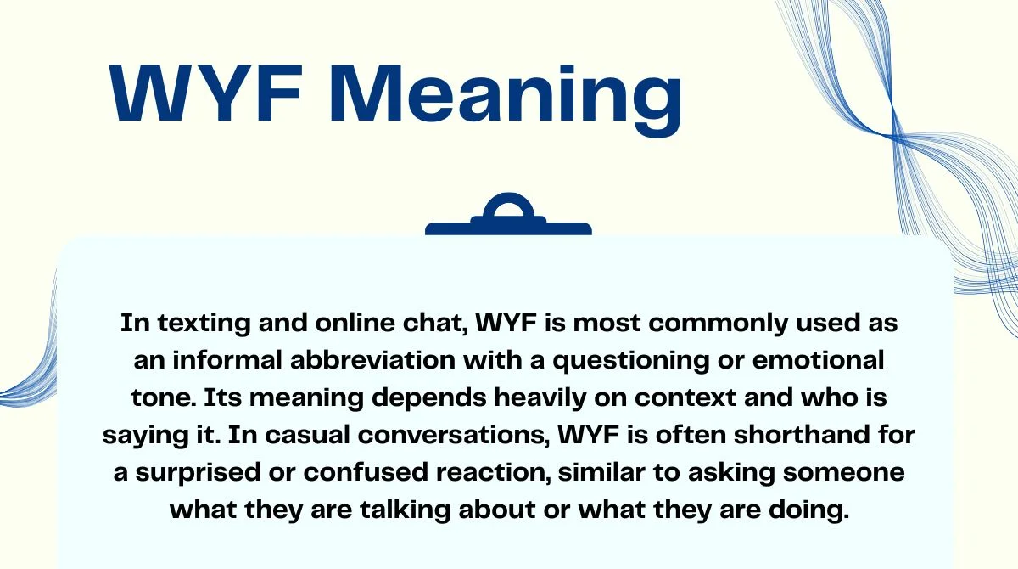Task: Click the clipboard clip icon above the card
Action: click(x=508, y=217)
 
